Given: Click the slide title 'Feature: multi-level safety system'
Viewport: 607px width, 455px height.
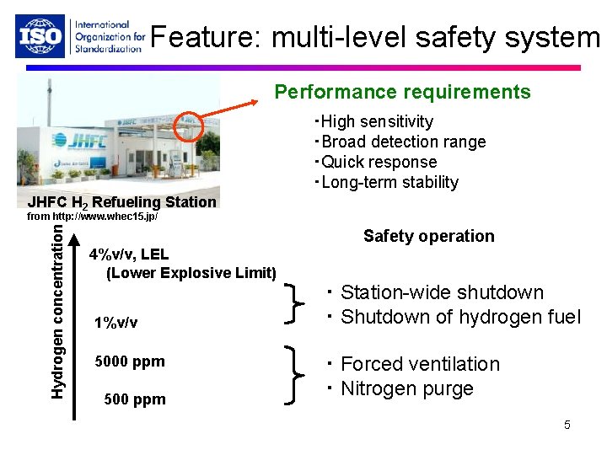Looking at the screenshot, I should point(374,37).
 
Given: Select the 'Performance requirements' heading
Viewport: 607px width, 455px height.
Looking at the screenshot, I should point(403,92).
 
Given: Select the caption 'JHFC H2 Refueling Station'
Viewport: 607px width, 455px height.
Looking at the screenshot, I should point(122,202).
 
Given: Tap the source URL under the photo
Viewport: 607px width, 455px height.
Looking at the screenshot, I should point(93,217).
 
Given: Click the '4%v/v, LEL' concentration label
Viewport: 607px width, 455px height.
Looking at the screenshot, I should point(130,254).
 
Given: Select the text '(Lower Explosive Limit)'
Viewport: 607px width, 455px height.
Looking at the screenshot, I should point(191,272).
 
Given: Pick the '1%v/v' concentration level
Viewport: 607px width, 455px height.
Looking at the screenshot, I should point(117,323).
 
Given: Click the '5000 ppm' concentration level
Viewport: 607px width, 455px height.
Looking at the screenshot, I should point(130,361).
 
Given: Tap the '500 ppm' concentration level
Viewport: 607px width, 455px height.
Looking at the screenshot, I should point(134,399).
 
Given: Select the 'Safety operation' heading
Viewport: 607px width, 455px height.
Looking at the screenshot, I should point(428,236).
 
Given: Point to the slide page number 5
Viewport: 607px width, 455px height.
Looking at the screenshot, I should point(567,425).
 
